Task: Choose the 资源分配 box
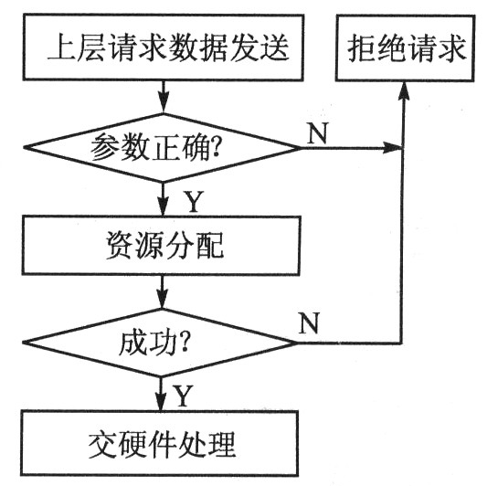(x=162, y=245)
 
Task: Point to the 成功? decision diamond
(x=162, y=343)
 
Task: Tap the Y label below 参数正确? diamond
(x=194, y=197)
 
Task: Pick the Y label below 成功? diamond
(x=183, y=396)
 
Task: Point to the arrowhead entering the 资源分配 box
(x=163, y=209)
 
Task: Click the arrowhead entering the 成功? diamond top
(x=163, y=308)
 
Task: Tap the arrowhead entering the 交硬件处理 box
(x=163, y=407)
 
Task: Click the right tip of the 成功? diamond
(x=297, y=343)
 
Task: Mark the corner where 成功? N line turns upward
(x=403, y=343)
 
